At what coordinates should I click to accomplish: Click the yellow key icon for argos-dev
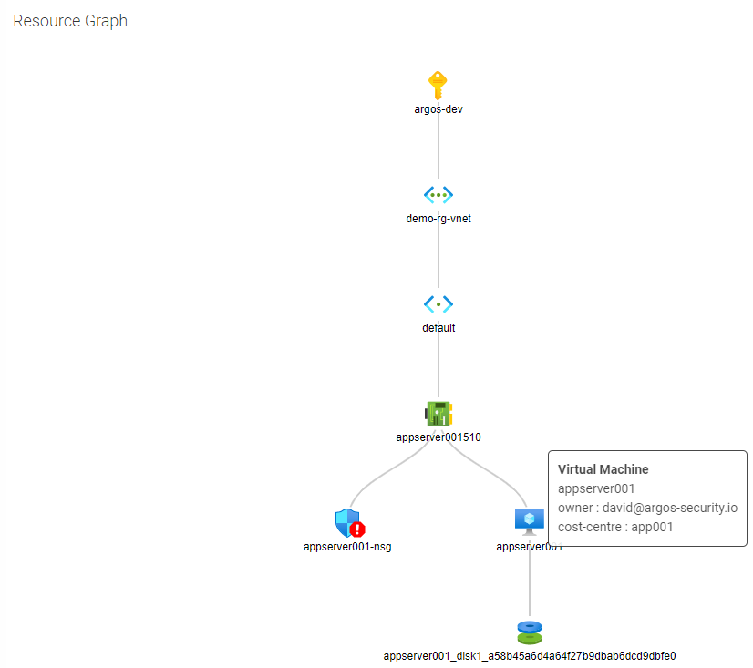438,85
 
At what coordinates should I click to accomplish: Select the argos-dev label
438,109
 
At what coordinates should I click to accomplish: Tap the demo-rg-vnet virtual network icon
438,194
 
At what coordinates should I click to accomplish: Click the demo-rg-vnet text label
438,219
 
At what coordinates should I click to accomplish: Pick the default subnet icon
438,303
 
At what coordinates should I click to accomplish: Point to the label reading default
438,328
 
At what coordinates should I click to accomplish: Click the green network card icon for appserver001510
438,414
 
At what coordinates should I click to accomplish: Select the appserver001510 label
438,437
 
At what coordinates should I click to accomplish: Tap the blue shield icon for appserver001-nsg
346,521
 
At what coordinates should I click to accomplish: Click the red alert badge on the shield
357,529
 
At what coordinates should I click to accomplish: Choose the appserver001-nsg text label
347,547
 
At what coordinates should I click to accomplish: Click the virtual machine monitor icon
530,520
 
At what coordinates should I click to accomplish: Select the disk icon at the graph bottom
530,632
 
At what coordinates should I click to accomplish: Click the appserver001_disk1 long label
530,656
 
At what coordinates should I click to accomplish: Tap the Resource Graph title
70,21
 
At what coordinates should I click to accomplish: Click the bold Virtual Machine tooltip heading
603,469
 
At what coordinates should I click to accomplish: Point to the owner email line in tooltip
647,508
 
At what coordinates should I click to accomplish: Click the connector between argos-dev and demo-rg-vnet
438,146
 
